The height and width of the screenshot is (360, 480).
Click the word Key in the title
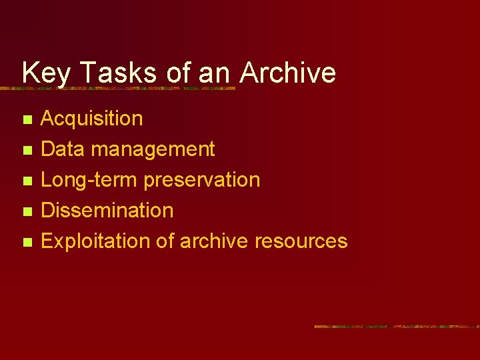tap(45, 73)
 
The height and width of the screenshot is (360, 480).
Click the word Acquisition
tap(91, 119)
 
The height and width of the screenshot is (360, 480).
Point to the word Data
tap(63, 149)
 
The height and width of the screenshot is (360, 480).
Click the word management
tap(153, 149)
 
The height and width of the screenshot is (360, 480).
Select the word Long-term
tap(89, 180)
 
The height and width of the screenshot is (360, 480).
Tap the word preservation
tap(202, 180)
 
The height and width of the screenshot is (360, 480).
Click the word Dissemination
tap(107, 211)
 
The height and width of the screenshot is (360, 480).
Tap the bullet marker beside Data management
tap(27, 151)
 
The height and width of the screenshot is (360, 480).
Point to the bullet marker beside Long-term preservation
tap(27, 181)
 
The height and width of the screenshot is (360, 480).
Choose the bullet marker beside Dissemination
tap(27, 212)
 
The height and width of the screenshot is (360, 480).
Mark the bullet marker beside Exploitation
tap(27, 243)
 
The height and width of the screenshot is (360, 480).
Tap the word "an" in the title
tap(214, 73)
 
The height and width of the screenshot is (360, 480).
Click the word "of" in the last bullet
tap(165, 241)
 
